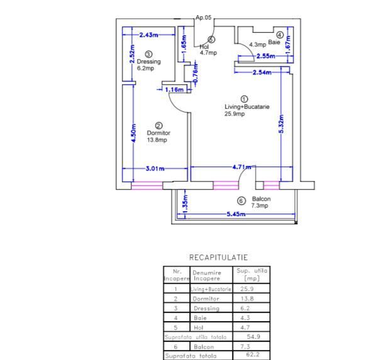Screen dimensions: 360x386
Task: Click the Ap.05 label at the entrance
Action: click(204, 18)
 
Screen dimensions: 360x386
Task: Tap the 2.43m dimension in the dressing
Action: click(149, 35)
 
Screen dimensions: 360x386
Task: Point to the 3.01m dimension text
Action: click(155, 168)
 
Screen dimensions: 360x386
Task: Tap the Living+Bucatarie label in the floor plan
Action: click(247, 107)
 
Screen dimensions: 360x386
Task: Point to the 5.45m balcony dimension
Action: click(236, 214)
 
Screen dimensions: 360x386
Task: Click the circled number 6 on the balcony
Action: click(241, 201)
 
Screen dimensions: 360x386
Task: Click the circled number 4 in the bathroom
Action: click(280, 35)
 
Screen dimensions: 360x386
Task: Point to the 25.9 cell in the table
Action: click(247, 288)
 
